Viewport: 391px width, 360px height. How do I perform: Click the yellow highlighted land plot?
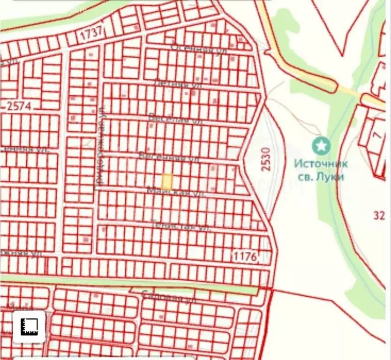(x=167, y=181)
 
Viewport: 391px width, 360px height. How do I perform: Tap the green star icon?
(x=322, y=145)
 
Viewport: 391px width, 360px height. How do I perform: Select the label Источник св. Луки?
(x=322, y=170)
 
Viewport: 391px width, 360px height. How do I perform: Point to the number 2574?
(x=19, y=106)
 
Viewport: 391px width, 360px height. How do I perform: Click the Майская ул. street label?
(x=176, y=192)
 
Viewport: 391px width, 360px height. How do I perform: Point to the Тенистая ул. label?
(x=181, y=225)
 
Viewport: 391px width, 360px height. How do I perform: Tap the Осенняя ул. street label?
(x=199, y=48)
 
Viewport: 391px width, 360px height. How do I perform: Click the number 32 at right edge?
(x=379, y=215)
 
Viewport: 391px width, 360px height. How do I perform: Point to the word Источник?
(x=322, y=164)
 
